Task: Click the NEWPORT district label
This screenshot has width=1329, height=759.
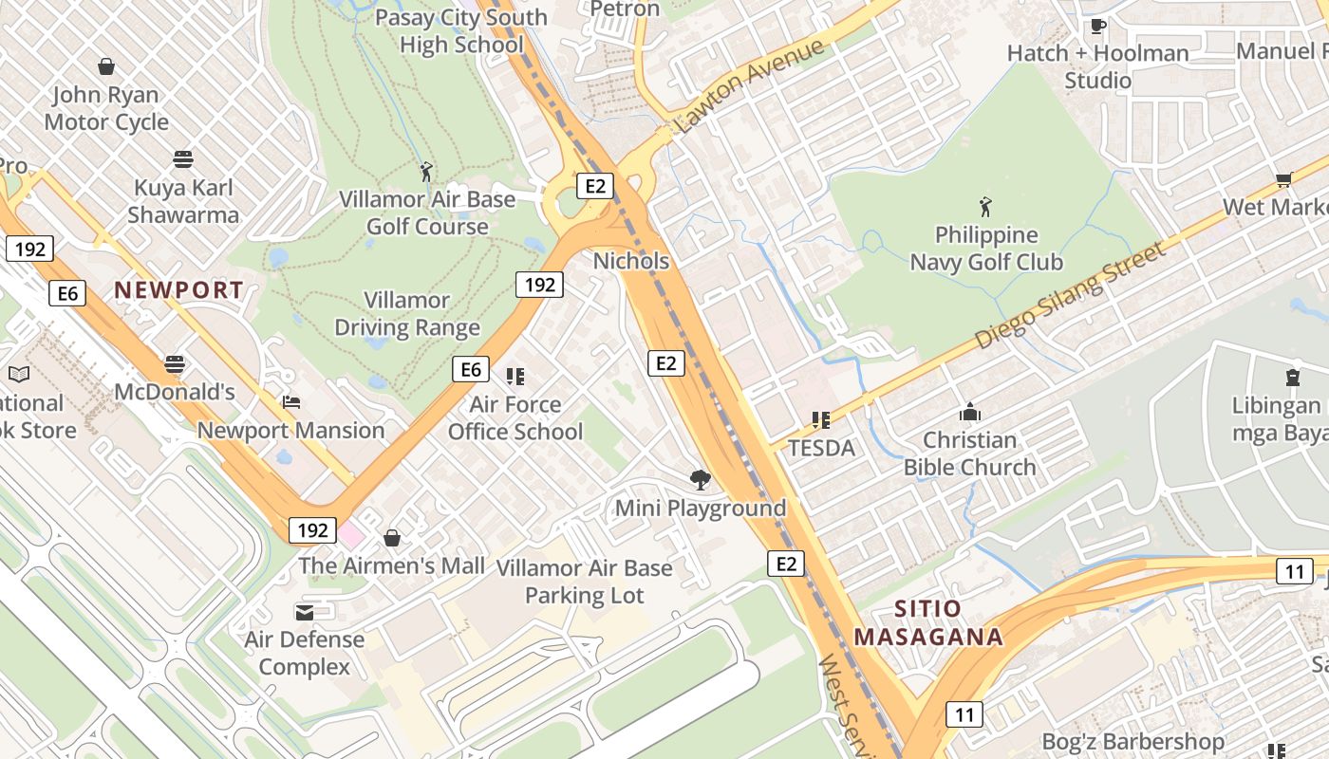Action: (179, 290)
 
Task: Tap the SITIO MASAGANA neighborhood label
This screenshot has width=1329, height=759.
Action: (927, 622)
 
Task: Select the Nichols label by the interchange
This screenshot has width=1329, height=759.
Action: (631, 261)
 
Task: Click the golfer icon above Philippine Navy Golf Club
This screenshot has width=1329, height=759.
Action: (985, 206)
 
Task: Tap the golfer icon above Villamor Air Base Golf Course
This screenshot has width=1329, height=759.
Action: (426, 172)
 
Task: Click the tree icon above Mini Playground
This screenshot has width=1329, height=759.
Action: (701, 480)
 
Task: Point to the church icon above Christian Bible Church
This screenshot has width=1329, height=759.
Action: (969, 412)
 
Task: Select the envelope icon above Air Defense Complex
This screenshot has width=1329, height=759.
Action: (304, 612)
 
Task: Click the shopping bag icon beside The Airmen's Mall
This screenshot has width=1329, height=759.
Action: (391, 539)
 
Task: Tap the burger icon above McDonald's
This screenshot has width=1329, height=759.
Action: (174, 363)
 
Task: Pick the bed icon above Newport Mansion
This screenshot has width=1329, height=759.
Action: (291, 402)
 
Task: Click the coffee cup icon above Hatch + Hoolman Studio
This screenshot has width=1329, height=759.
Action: (1097, 26)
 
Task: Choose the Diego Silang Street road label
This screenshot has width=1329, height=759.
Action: (1069, 295)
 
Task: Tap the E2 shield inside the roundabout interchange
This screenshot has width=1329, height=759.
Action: (595, 185)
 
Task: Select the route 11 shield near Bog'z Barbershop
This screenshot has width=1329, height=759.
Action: (964, 714)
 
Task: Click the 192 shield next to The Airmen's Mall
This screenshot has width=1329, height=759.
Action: (312, 530)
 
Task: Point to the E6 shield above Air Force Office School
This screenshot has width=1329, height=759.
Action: (471, 369)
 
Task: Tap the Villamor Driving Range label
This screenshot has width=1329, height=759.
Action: (407, 314)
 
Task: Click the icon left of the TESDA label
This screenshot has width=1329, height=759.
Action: (821, 419)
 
